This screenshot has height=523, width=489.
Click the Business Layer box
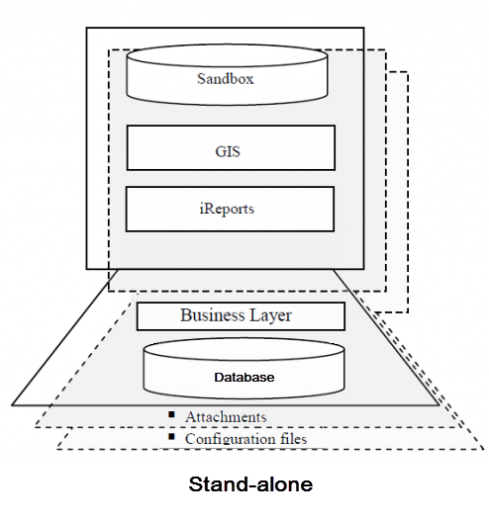pyautogui.click(x=240, y=316)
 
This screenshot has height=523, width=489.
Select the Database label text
pyautogui.click(x=244, y=377)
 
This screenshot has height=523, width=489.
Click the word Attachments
pyautogui.click(x=226, y=417)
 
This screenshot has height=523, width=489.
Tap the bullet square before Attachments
pyautogui.click(x=171, y=414)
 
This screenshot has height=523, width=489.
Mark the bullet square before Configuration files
pyautogui.click(x=171, y=436)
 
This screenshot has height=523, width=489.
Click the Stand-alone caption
pyautogui.click(x=249, y=485)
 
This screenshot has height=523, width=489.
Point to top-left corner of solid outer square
pyautogui.click(x=86, y=28)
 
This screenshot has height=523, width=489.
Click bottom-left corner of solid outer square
pyautogui.click(x=86, y=269)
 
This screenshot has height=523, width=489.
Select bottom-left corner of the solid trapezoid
pyautogui.click(x=12, y=405)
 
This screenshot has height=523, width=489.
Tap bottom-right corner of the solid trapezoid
pyautogui.click(x=439, y=405)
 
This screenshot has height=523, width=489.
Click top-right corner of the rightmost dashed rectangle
pyautogui.click(x=408, y=71)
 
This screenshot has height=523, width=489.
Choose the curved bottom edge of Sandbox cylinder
pyautogui.click(x=227, y=100)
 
